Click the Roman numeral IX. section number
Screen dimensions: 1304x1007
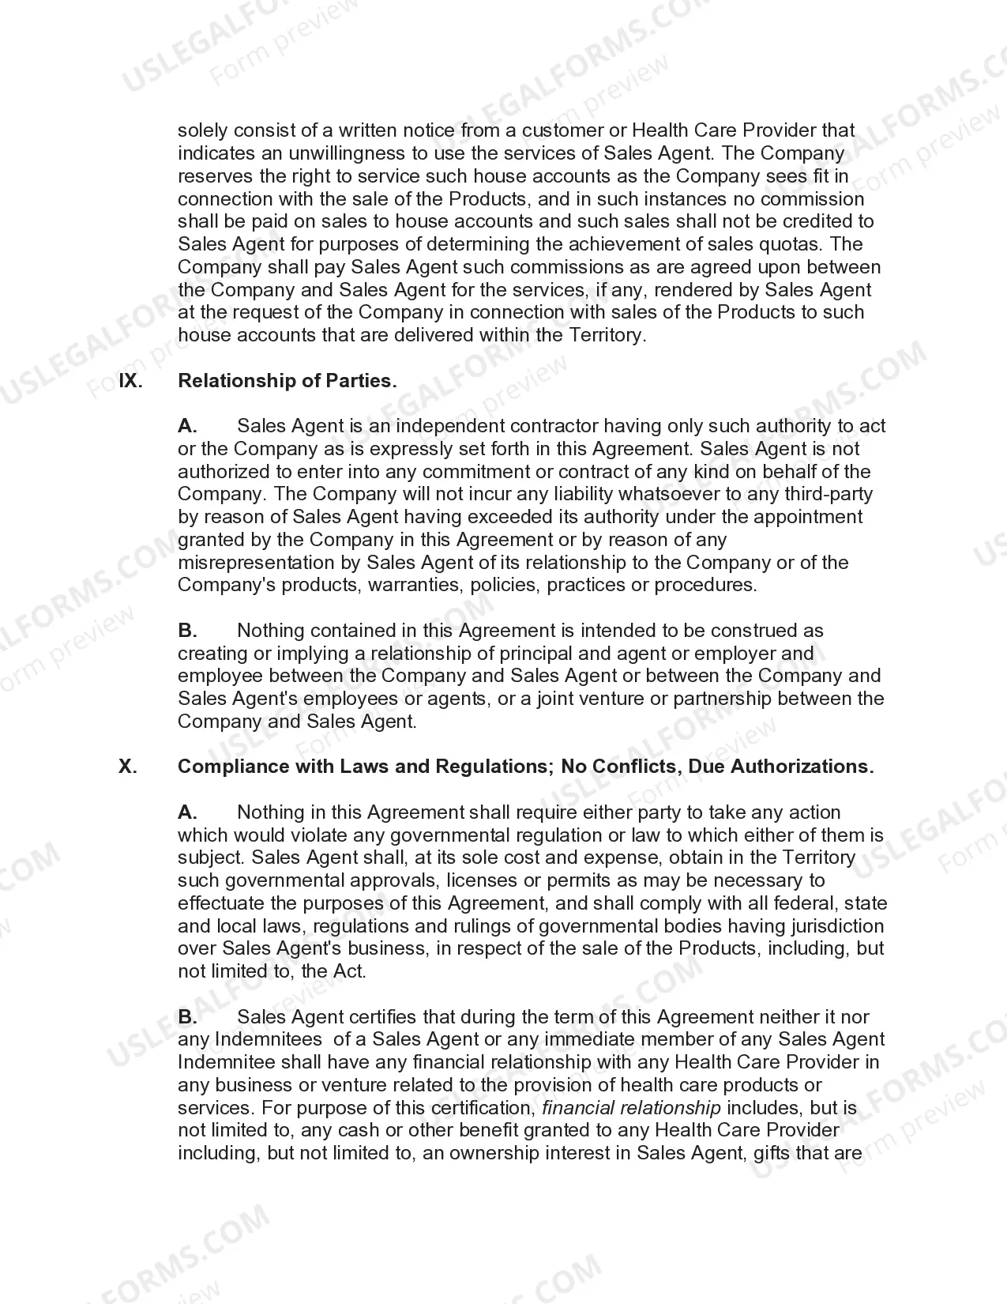point(130,381)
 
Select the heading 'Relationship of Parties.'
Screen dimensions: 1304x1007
point(287,381)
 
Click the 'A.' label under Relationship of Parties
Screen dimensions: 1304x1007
point(187,426)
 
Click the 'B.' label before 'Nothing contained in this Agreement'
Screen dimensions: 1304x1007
point(187,631)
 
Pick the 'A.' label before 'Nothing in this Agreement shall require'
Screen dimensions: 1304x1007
point(187,812)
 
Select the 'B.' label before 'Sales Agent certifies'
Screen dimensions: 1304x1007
point(187,1017)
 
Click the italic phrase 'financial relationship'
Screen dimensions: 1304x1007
point(631,1108)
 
